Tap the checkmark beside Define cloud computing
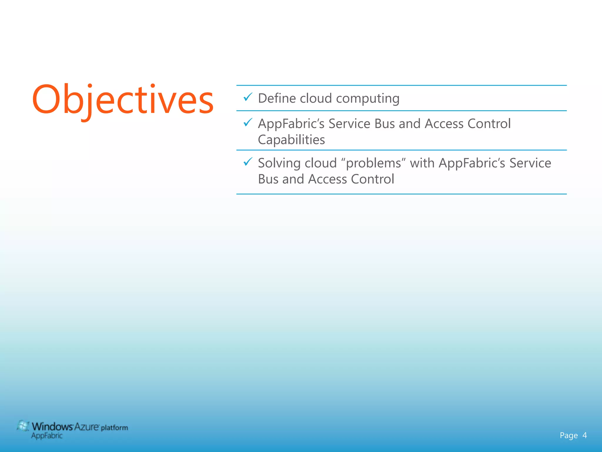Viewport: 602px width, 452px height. (248, 97)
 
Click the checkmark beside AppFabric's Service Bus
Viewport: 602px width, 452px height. (248, 122)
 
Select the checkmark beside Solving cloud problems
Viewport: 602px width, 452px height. (248, 162)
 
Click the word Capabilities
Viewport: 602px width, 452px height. (291, 140)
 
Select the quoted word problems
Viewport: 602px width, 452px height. (374, 163)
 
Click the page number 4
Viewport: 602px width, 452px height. (584, 435)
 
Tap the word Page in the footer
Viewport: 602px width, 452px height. (568, 436)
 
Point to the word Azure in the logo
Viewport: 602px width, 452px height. (86, 426)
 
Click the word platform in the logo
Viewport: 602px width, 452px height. (114, 428)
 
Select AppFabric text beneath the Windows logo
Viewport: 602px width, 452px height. (47, 436)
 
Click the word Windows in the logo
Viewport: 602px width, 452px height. (52, 426)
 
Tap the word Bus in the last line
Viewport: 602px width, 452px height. (268, 179)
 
